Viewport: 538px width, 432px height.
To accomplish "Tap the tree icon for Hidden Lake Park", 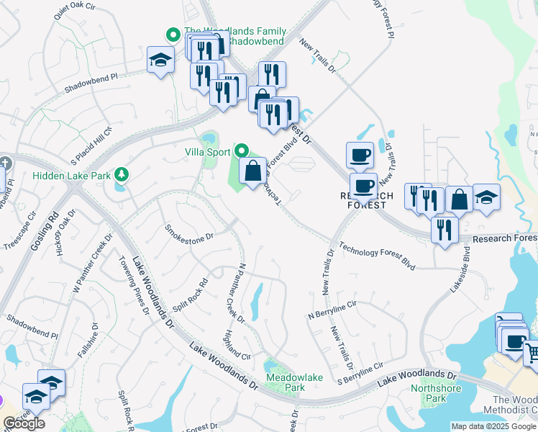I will click(x=122, y=175).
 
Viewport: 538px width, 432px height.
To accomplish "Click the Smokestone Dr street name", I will click(x=190, y=232).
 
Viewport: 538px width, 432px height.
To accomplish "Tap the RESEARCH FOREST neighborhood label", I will click(x=367, y=199).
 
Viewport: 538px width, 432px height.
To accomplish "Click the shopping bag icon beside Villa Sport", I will click(x=252, y=172).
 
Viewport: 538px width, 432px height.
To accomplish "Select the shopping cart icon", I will click(x=531, y=352).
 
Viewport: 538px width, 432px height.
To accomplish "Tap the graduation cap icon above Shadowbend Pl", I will click(x=160, y=60).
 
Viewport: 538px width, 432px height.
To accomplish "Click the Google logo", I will click(x=24, y=423).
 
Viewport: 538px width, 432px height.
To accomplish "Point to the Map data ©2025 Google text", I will click(x=493, y=426).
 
